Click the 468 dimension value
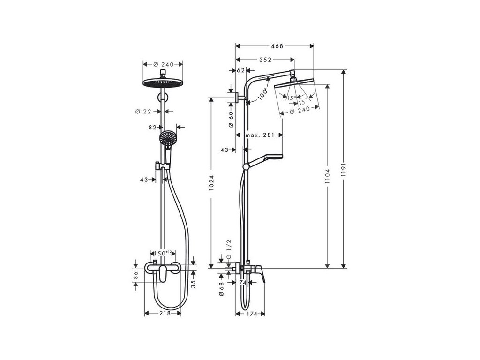[277, 46]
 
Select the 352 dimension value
[265, 60]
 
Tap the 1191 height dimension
[344, 169]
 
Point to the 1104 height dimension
[328, 176]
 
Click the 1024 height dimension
[211, 183]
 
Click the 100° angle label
[262, 94]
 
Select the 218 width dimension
[165, 314]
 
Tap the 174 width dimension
[251, 314]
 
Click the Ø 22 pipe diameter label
[143, 112]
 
